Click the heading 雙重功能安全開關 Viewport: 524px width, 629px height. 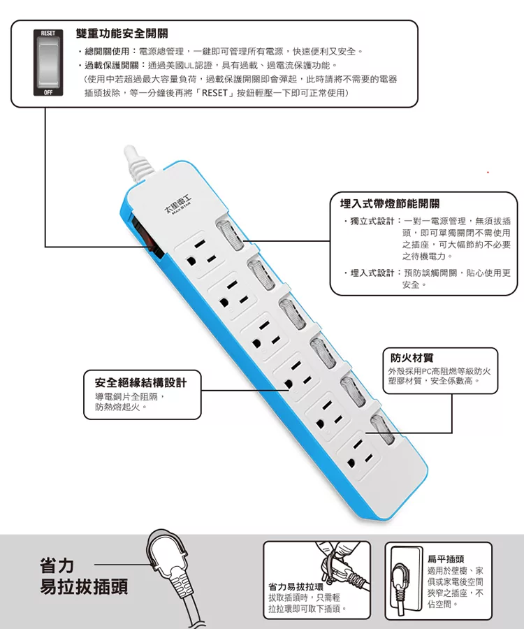coord(122,34)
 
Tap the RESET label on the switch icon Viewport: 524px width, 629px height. coord(48,33)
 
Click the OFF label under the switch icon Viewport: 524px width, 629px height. coord(48,92)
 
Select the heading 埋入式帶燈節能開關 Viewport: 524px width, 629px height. coord(390,204)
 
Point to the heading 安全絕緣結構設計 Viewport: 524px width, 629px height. coord(140,382)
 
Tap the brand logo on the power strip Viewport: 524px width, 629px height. coord(178,205)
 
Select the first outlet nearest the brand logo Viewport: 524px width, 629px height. coord(200,254)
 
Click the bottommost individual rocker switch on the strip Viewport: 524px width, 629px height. coord(383,430)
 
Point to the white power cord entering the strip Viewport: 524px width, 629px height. coord(138,162)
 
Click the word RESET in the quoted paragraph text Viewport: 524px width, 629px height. coord(214,93)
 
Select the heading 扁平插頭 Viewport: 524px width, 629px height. coord(446,559)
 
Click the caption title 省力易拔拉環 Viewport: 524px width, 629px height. coord(296,587)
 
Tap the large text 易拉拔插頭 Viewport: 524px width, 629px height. coord(84,586)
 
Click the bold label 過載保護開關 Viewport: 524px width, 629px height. coord(112,66)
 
